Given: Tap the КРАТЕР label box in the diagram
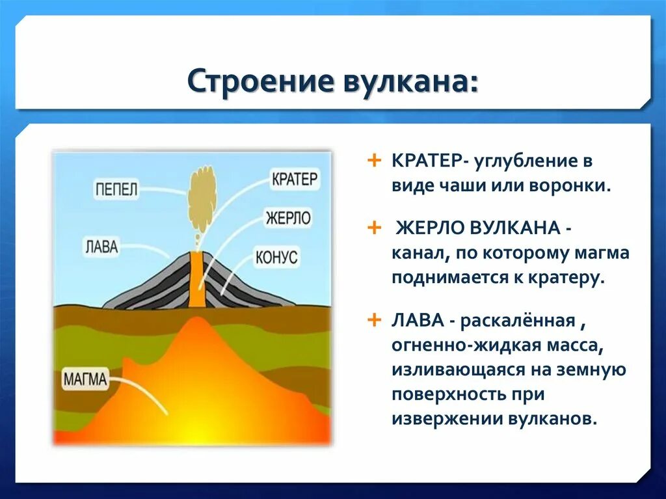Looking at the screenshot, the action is point(295,179).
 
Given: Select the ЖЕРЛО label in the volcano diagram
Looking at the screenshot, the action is point(288,218).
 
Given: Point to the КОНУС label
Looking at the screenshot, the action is point(276,257).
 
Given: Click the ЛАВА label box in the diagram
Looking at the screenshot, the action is point(102,247).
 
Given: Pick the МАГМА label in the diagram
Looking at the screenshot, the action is point(85,379).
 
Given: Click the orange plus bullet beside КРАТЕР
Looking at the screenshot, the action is point(374,161).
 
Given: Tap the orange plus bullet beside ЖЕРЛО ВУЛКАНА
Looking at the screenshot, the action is point(374,228).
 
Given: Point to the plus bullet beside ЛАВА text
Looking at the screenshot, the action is point(374,319).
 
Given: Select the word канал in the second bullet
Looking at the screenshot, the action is point(421,253).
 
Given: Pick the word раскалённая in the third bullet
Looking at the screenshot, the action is point(518,321).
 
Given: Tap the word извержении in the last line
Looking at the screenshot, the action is point(446,419).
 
